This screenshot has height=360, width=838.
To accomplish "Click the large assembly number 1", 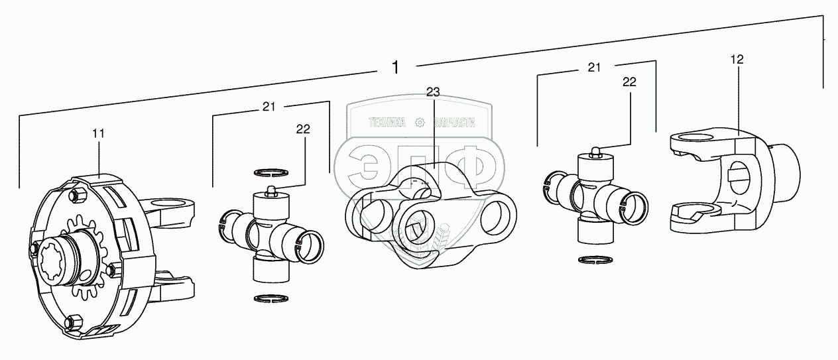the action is point(396,68).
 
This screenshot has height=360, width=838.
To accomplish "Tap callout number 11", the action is point(98,134).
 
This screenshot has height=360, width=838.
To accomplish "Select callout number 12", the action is point(737,59).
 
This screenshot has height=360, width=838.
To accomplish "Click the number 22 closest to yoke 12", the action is point(629,82).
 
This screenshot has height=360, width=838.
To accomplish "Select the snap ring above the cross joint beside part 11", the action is point(271,172).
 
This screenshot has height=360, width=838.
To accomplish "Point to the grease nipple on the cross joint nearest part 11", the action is point(270,191).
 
